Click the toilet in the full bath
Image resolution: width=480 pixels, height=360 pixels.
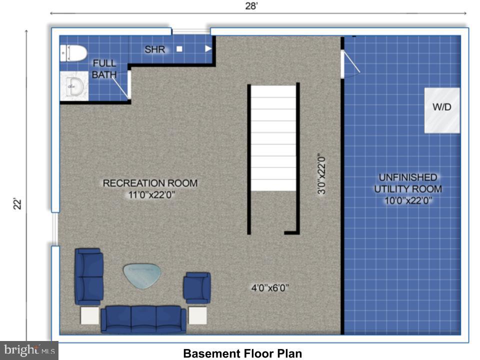[x=73, y=52]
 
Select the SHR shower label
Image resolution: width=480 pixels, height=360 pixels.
[x=155, y=49]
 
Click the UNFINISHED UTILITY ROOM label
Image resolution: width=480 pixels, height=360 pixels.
[x=408, y=189]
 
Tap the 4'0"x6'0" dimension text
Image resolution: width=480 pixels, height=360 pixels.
[x=270, y=287]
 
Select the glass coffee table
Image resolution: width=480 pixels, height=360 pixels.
[x=142, y=275]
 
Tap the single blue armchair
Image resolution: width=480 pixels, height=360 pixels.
[x=197, y=287]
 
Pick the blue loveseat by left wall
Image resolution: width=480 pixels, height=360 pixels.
[x=88, y=276]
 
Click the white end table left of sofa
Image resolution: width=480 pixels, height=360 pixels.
[x=90, y=316]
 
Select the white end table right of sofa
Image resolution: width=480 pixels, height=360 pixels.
[x=197, y=316]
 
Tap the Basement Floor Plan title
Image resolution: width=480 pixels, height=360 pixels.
[x=242, y=353]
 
